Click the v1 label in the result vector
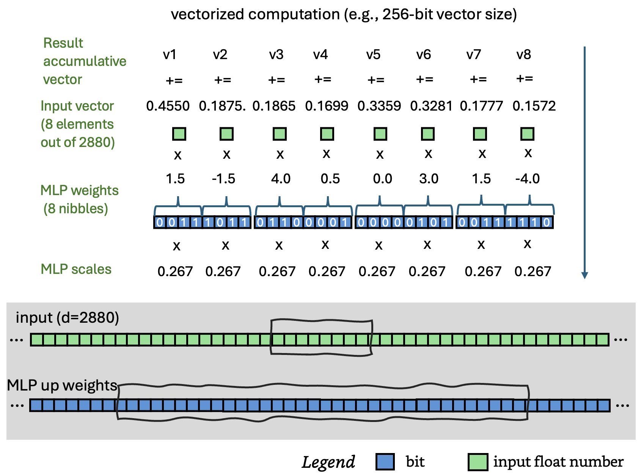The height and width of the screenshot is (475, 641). pyautogui.click(x=170, y=55)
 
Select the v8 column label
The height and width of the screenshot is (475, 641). pyautogui.click(x=524, y=55)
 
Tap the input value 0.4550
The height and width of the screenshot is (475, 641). pyautogui.click(x=168, y=106)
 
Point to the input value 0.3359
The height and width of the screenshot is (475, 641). pyautogui.click(x=379, y=106)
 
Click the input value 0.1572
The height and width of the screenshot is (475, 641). pyautogui.click(x=534, y=106)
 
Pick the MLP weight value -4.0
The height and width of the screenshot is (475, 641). pyautogui.click(x=527, y=178)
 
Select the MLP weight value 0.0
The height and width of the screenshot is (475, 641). pyautogui.click(x=382, y=178)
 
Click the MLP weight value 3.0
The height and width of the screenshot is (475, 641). pyautogui.click(x=429, y=178)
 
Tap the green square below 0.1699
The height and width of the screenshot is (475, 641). pyautogui.click(x=327, y=134)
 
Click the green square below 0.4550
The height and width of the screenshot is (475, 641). pyautogui.click(x=179, y=134)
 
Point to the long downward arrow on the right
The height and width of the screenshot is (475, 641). pyautogui.click(x=584, y=163)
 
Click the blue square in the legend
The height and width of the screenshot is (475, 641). pyautogui.click(x=385, y=462)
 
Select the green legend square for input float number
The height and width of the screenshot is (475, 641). pyautogui.click(x=478, y=462)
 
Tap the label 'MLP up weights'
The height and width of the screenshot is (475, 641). pyautogui.click(x=62, y=385)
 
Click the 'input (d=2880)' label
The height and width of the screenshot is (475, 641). pyautogui.click(x=67, y=317)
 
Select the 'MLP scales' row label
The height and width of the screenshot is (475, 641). pyautogui.click(x=76, y=269)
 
